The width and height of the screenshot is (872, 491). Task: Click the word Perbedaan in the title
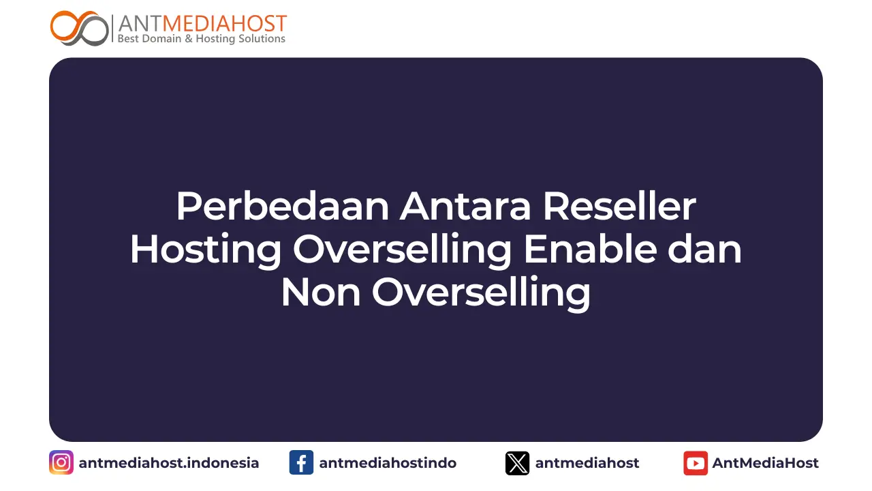pos(282,207)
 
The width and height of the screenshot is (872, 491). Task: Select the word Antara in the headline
pos(465,207)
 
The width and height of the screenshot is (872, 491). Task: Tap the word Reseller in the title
pos(619,207)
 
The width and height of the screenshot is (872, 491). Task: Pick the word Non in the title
pos(320,293)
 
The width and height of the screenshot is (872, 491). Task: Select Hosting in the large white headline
pos(205,250)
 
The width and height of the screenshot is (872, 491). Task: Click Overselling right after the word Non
pos(480,293)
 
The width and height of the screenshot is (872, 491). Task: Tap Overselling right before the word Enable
pos(402,250)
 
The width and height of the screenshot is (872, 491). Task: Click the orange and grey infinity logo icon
pos(79,28)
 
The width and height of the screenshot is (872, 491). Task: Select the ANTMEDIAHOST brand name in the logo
pos(202,23)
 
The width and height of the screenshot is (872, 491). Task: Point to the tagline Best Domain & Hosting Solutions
pos(202,39)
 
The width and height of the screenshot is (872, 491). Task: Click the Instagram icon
pos(61,463)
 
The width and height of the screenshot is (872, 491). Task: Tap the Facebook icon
pos(301,463)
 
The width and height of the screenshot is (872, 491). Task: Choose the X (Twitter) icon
pos(517,463)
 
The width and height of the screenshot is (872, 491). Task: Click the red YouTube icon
pos(696,463)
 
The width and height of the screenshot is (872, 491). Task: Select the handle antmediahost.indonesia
pos(169,463)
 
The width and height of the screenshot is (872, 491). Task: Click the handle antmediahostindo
pos(388,463)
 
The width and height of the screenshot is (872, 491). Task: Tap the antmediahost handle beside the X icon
pos(587,463)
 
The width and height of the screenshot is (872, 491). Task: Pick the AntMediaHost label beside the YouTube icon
pos(766,463)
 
